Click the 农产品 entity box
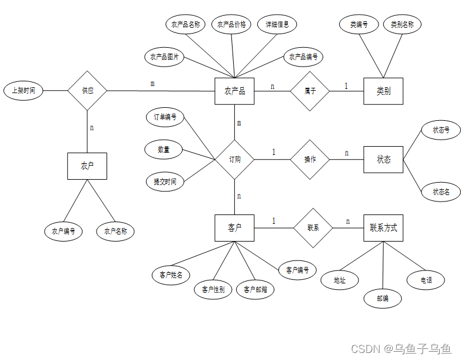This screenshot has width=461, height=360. pos(234,91)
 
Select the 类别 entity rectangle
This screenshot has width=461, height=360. pos(383,91)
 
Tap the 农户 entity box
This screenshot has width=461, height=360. pos(87,166)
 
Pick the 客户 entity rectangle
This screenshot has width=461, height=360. pos(234,227)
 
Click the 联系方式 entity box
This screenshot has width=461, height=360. pos(383,227)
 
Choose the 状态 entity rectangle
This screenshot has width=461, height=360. pos(383,160)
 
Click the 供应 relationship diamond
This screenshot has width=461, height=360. pos(87,91)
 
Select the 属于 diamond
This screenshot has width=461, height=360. pos(310,91)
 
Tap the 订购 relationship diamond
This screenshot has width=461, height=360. pos(234,160)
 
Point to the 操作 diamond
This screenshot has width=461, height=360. pos(310,160)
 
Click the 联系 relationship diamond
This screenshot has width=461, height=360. pos(313,227)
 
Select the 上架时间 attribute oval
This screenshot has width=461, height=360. pos(23,91)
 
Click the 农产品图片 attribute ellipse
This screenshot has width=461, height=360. pos(165,57)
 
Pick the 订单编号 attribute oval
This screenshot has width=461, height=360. pos(165,117)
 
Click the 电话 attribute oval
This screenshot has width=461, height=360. pos(426,280)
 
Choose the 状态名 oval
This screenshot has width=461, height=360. pos(441,191)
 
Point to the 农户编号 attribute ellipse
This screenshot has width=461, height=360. pos(63,232)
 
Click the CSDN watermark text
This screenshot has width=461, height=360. pos(401,349)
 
